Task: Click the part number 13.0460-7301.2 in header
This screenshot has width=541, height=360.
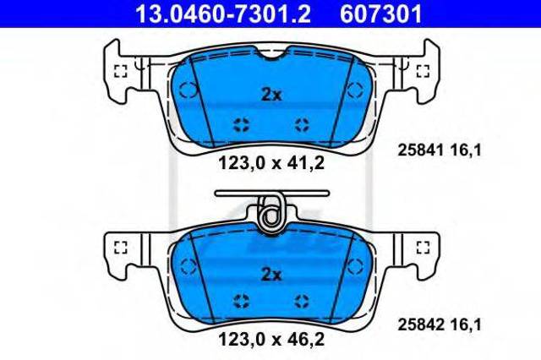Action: pos(223,14)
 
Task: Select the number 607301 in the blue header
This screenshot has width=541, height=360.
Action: pos(381,14)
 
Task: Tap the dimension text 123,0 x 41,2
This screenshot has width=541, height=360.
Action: pos(271,163)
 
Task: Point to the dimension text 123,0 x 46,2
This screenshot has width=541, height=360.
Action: pos(271,339)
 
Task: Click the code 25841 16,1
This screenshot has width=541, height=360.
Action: pos(440,150)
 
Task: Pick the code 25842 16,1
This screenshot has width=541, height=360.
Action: pos(440,325)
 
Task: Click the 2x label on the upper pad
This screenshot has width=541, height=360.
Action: pos(271,95)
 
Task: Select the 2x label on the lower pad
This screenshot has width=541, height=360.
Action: pos(271,275)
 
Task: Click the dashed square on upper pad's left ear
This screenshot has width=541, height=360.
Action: pos(121,71)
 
